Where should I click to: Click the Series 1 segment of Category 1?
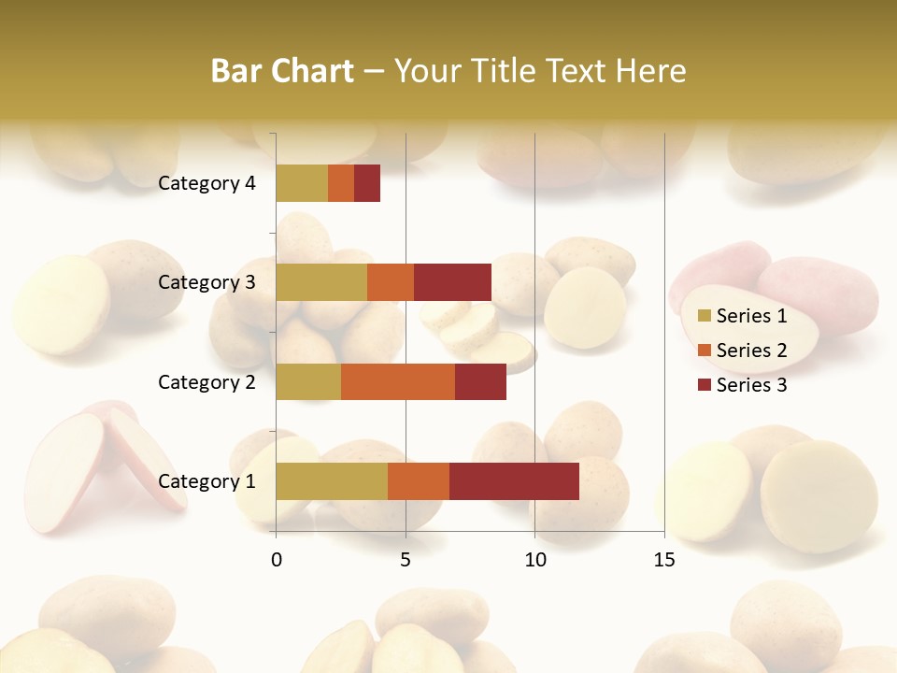tap(332, 481)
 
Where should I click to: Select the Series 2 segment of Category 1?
tap(419, 481)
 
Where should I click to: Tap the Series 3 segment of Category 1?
tap(514, 481)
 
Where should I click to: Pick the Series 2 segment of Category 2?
tap(398, 382)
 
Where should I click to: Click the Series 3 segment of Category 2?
tap(480, 382)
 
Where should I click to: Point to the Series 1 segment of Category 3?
tap(321, 282)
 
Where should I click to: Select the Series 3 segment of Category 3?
tap(452, 282)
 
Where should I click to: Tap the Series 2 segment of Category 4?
tap(341, 183)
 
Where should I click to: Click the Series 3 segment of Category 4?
tap(367, 183)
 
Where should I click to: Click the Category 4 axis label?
tap(206, 183)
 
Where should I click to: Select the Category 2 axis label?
tap(206, 382)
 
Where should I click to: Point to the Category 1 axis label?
tap(206, 481)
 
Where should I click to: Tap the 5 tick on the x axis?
tap(406, 560)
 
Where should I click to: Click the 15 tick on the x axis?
tap(664, 560)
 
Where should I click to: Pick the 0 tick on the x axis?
tap(277, 560)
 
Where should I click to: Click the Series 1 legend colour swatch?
tap(705, 316)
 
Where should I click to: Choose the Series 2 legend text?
tap(752, 351)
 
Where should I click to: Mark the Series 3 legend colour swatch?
tap(705, 385)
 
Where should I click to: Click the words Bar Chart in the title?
tap(282, 71)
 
